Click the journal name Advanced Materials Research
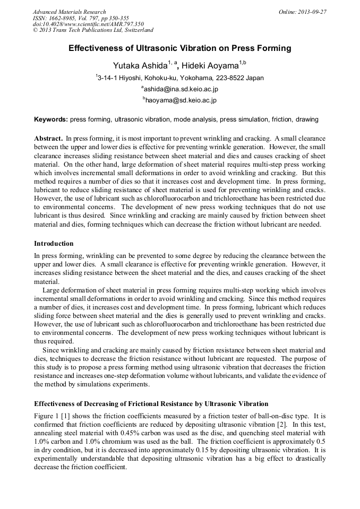pos(69,12)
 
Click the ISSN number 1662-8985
pos(66,18)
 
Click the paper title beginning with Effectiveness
pos(180,48)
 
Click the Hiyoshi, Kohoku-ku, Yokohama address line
pos(181,78)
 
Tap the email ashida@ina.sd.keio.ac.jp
pos(181,89)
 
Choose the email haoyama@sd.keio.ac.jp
pos(181,100)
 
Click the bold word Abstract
pos(49,138)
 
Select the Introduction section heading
pos(54,244)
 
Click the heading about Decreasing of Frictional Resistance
pos(151,403)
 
